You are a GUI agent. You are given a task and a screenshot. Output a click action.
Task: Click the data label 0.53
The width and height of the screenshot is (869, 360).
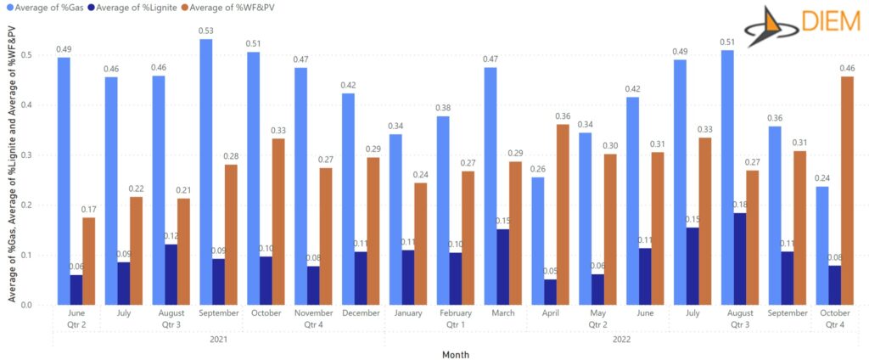point(206,31)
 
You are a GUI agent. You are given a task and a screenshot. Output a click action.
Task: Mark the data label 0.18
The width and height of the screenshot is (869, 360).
point(738,205)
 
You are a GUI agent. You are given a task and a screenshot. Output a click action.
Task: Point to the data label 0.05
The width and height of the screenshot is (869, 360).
point(549,272)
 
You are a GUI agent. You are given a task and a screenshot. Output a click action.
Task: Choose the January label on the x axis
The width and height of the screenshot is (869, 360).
point(408,312)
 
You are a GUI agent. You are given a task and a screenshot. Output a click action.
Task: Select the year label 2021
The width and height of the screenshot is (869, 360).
point(218,339)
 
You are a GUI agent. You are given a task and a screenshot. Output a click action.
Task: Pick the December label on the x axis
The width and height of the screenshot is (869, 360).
point(360,312)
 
